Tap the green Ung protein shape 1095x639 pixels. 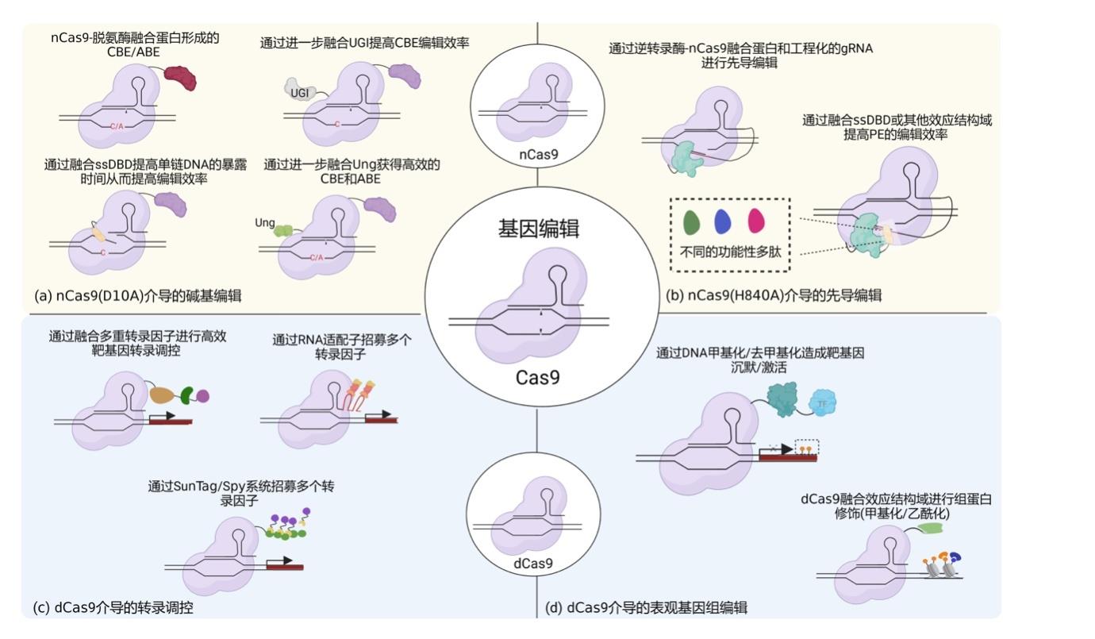[282, 230]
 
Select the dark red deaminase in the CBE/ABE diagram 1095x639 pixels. [180, 77]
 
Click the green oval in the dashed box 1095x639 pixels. [692, 222]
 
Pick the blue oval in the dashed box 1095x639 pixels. [723, 222]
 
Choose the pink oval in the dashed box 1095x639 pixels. [756, 220]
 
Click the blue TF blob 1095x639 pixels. [822, 403]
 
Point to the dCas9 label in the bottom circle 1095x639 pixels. [532, 564]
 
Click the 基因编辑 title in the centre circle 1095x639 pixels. [539, 229]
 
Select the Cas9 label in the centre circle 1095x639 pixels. [538, 377]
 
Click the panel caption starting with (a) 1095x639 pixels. [138, 295]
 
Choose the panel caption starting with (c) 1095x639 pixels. [113, 608]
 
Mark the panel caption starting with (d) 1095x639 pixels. [646, 608]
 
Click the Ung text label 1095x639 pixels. [264, 223]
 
